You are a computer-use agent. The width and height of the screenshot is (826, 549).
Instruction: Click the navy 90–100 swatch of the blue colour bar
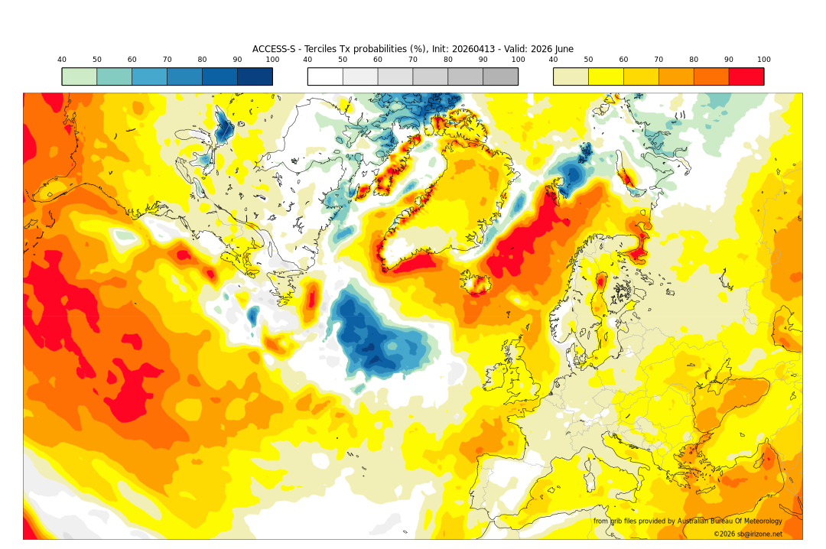point(255,76)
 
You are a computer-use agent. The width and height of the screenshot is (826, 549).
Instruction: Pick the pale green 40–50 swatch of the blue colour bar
point(80,76)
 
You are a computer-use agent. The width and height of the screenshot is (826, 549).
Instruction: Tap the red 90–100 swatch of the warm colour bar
point(746,76)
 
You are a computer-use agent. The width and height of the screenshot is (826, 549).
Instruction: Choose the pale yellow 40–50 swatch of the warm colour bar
point(571,76)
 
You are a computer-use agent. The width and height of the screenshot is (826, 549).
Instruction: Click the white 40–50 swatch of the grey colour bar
point(325,76)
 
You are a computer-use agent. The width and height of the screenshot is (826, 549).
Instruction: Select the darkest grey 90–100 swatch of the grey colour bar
point(500,76)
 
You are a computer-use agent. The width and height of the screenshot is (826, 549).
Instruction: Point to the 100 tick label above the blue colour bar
point(272,60)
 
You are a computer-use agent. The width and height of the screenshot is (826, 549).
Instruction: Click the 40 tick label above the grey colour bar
point(307,60)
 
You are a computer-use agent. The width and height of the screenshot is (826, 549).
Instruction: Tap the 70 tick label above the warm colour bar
point(659,60)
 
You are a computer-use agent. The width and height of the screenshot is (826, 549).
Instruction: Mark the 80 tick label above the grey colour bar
point(448,60)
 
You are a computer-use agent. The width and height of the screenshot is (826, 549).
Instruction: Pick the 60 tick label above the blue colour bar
point(132,60)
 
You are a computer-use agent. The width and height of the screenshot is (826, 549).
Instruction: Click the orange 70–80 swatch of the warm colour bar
point(676,76)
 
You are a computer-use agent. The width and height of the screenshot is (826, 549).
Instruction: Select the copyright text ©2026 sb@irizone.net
point(747,534)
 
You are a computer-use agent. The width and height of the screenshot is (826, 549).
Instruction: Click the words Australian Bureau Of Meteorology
point(729,521)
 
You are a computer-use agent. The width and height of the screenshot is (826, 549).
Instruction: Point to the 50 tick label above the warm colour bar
point(588,60)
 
